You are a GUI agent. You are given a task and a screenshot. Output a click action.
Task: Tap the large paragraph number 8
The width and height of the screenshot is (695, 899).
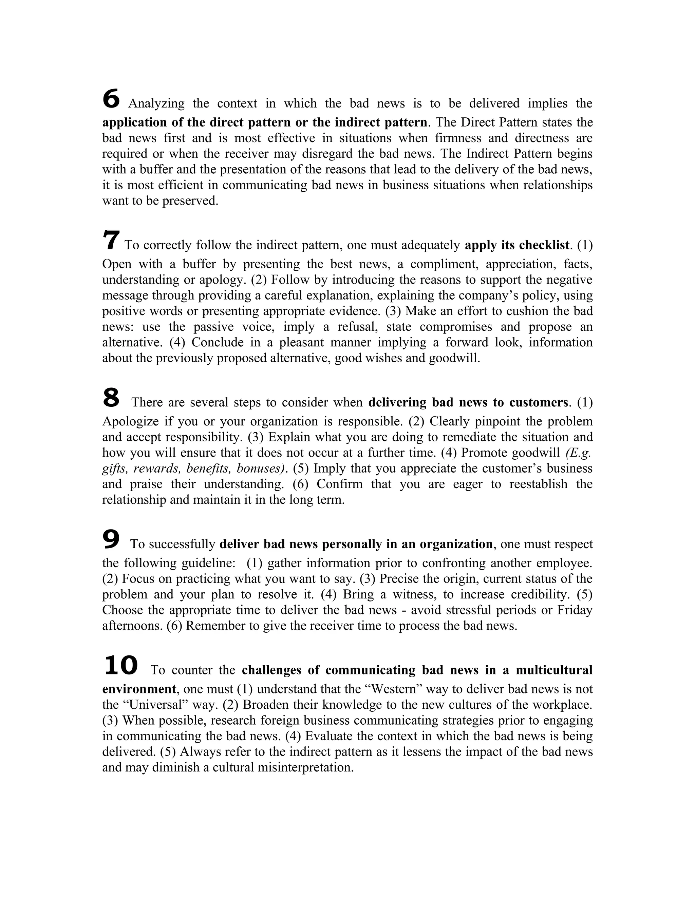click(111, 398)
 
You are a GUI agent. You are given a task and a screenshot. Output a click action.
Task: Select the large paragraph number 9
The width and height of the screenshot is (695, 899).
click(111, 539)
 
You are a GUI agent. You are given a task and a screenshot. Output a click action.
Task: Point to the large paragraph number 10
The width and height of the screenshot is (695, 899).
click(120, 665)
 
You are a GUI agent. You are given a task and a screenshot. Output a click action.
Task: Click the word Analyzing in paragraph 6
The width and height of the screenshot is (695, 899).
click(156, 103)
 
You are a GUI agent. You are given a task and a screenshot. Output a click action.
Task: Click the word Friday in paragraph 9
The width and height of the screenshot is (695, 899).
click(575, 610)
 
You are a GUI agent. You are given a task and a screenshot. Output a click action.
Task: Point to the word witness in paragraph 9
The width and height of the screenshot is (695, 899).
click(415, 594)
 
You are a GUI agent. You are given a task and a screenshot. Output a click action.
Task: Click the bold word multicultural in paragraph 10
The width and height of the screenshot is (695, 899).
click(554, 670)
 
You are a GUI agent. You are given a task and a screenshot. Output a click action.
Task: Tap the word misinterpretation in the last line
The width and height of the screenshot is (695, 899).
click(305, 767)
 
